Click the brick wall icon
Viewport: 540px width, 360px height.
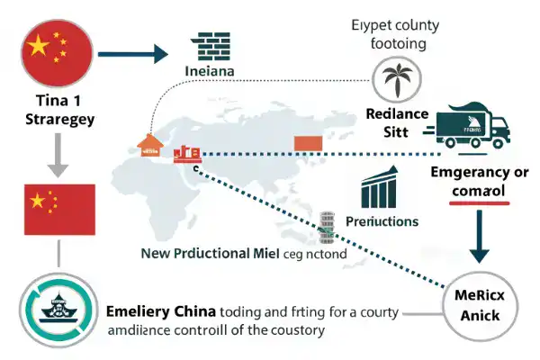(x=211, y=48)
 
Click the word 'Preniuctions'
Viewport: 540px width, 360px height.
(x=381, y=220)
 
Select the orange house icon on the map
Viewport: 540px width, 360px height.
(x=147, y=145)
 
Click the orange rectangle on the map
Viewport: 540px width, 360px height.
(x=309, y=142)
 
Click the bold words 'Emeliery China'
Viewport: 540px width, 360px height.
(x=161, y=311)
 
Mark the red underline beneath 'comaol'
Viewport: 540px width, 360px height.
(x=479, y=204)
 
